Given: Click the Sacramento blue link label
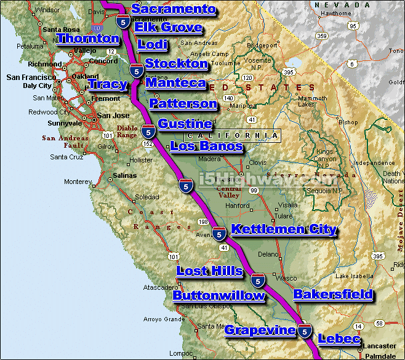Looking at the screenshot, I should coord(174,9).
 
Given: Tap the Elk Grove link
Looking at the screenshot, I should coord(168,27).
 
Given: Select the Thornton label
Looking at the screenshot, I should coord(88,39).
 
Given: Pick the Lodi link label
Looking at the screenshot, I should coord(153,44).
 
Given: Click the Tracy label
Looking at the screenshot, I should coord(108,84).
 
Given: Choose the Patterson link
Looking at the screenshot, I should coord(183,103).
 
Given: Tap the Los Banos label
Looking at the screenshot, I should coord(206,146).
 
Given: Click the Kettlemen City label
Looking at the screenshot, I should coord(284,230).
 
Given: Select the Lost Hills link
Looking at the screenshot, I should coord(209,270).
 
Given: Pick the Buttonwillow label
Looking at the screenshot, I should coord(219,295).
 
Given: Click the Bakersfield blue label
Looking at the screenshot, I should coord(333,294).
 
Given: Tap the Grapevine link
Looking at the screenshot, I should coord(260,330).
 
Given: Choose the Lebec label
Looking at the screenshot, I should coord(337,338).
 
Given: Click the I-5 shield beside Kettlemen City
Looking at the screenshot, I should coord(219,233).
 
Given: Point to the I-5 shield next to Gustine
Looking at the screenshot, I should coord(148,130).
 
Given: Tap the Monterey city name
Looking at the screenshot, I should coord(78,182).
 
